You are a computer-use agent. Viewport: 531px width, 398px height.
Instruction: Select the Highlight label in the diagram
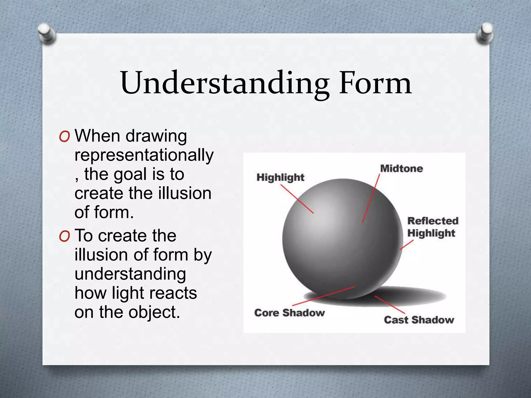pos(280,177)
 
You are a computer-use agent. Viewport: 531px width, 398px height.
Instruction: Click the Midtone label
pos(401,169)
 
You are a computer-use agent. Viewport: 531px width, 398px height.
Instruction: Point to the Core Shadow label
pos(289,313)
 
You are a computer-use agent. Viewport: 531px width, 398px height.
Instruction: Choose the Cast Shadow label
pos(419,320)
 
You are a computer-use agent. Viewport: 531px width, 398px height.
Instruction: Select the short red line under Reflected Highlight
pos(406,245)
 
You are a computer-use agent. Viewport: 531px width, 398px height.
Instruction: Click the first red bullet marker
pos(64,137)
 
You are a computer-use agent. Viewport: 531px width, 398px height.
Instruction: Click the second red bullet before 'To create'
pos(64,236)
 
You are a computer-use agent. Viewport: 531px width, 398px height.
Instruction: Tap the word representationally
pos(144,155)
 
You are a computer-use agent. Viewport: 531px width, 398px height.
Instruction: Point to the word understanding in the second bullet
pos(130,274)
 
